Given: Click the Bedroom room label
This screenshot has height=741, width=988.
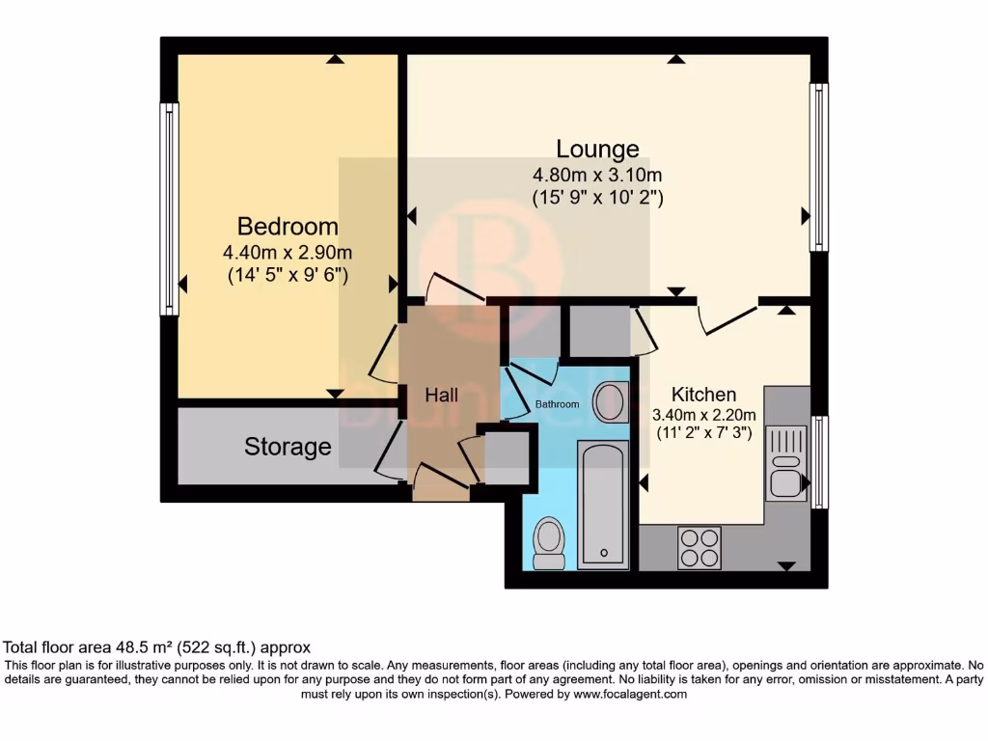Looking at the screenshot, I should click(x=288, y=227).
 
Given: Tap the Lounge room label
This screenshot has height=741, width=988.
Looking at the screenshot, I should click(x=597, y=149).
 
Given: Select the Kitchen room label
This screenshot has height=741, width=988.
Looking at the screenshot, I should click(x=703, y=395).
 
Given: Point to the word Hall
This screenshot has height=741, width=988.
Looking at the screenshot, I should click(x=441, y=396).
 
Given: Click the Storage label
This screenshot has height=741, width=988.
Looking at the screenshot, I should click(x=288, y=447).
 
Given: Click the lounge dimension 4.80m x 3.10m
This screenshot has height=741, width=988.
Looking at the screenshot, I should click(x=597, y=175).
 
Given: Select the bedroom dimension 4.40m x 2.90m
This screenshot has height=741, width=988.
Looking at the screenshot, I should click(x=288, y=253).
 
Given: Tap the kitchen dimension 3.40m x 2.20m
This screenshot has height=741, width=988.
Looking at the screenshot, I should click(x=703, y=416).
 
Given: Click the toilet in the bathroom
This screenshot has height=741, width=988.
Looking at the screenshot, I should click(x=549, y=542).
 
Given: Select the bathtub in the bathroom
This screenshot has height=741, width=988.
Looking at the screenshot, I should click(x=603, y=504).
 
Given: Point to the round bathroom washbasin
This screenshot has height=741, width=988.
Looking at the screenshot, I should click(x=609, y=402).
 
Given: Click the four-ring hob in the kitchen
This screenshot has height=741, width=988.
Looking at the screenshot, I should click(x=700, y=547).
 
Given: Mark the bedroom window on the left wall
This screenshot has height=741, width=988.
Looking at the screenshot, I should click(x=169, y=209).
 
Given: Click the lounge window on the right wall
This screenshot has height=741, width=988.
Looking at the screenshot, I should click(x=818, y=167).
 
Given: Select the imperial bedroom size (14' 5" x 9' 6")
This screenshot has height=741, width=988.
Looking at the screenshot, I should click(x=288, y=275).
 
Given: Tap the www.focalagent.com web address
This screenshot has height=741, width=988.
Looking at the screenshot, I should click(x=629, y=694).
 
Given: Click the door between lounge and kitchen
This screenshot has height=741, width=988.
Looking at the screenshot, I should click(x=727, y=318).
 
